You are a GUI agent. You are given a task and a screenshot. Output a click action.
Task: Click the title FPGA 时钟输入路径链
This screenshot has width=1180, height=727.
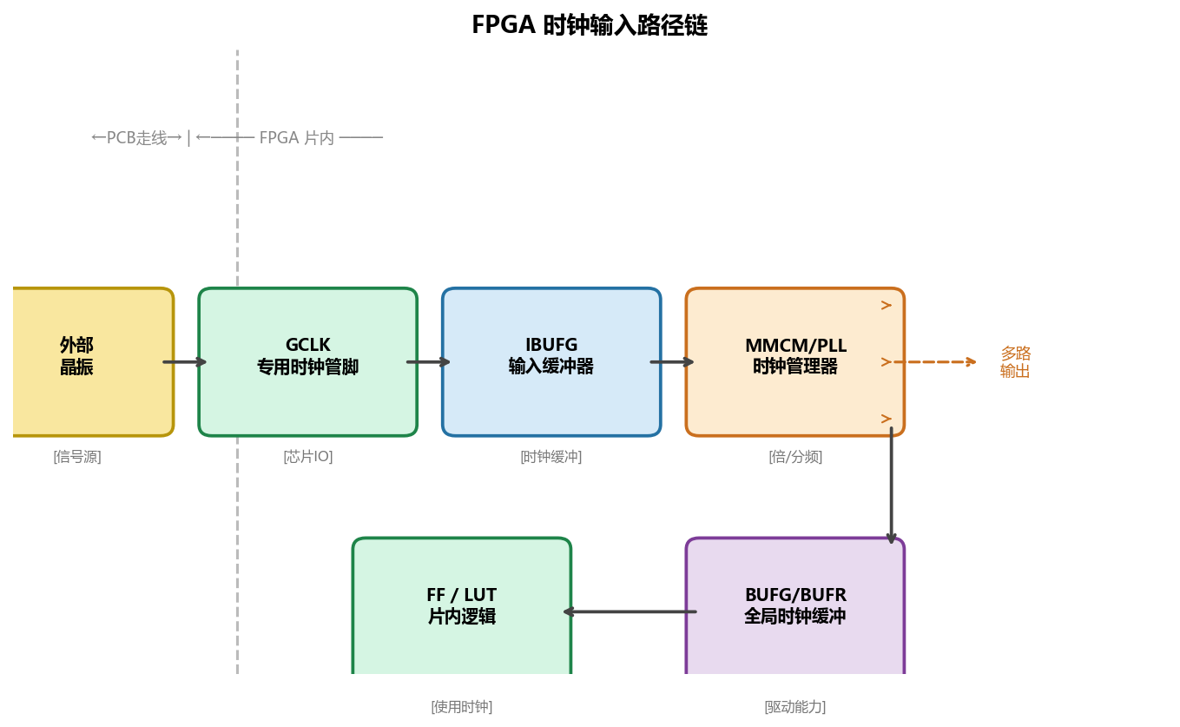point(590,25)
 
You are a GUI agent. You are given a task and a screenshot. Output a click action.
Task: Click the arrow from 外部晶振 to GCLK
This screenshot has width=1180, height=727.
point(185,362)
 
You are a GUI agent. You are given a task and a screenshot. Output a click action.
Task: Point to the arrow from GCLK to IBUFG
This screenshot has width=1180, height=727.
point(429,362)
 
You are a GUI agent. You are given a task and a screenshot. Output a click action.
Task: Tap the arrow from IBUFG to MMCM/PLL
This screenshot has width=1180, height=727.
point(672,362)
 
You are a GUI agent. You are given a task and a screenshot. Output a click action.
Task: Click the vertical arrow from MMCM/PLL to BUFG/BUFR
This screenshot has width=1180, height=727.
point(891,486)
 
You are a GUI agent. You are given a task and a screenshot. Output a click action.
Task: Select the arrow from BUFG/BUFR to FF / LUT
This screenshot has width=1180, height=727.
point(630,611)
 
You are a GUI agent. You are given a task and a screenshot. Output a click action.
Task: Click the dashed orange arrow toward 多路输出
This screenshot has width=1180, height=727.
point(935,362)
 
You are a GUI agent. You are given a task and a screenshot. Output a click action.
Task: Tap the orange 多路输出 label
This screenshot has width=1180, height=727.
point(1015,362)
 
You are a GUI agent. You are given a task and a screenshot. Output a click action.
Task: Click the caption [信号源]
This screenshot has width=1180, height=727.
point(77,457)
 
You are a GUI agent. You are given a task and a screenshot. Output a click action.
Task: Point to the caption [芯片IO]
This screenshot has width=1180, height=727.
point(307,457)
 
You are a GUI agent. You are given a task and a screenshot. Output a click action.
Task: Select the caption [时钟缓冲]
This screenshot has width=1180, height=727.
point(551,457)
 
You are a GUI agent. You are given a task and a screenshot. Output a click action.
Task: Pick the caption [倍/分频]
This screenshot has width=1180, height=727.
point(794,457)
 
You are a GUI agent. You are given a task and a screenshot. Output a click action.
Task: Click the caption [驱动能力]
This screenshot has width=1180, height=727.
point(794,707)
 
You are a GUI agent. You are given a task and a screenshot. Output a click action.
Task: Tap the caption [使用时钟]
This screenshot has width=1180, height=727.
point(461,707)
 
